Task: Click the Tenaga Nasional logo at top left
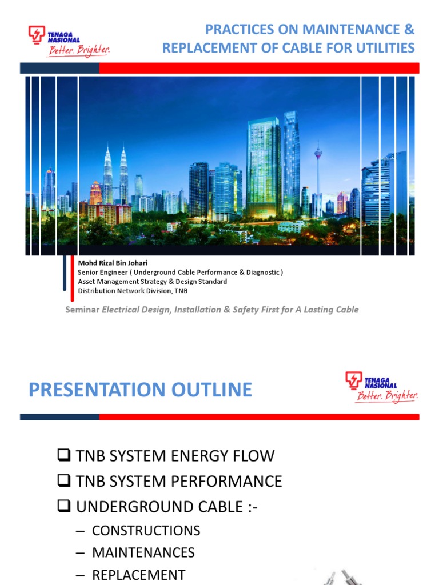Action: point(68,42)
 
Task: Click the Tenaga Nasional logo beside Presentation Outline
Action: point(381,387)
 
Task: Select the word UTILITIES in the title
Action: point(382,48)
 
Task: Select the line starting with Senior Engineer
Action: point(180,272)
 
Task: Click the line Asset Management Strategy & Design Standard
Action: point(152,281)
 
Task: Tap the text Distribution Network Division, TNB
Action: point(133,290)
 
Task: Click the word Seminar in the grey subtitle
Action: point(83,310)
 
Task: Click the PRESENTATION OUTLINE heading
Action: point(140,390)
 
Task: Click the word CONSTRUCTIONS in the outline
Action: point(146,531)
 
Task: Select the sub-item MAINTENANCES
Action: point(143,553)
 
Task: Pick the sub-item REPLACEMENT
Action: point(138,575)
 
